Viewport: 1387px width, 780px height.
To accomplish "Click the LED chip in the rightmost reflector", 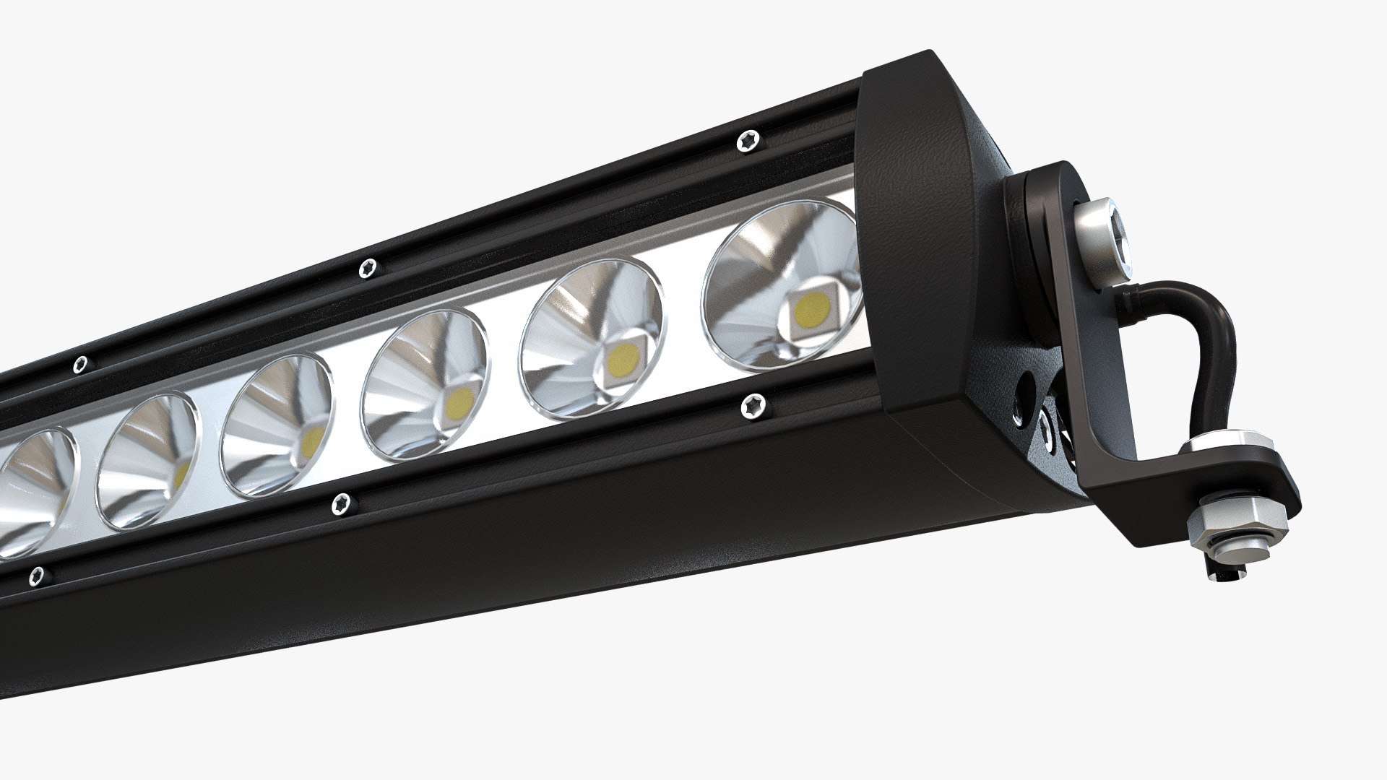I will tap(811, 311).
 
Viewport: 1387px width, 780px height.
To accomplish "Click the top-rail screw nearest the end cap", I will tap(749, 140).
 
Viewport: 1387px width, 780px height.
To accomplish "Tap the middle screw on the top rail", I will tap(368, 268).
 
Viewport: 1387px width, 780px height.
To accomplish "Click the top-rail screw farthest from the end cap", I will tap(81, 363).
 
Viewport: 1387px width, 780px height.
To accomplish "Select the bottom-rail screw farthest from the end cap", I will tap(35, 576).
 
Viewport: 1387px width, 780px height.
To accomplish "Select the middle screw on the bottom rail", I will tap(342, 503).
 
